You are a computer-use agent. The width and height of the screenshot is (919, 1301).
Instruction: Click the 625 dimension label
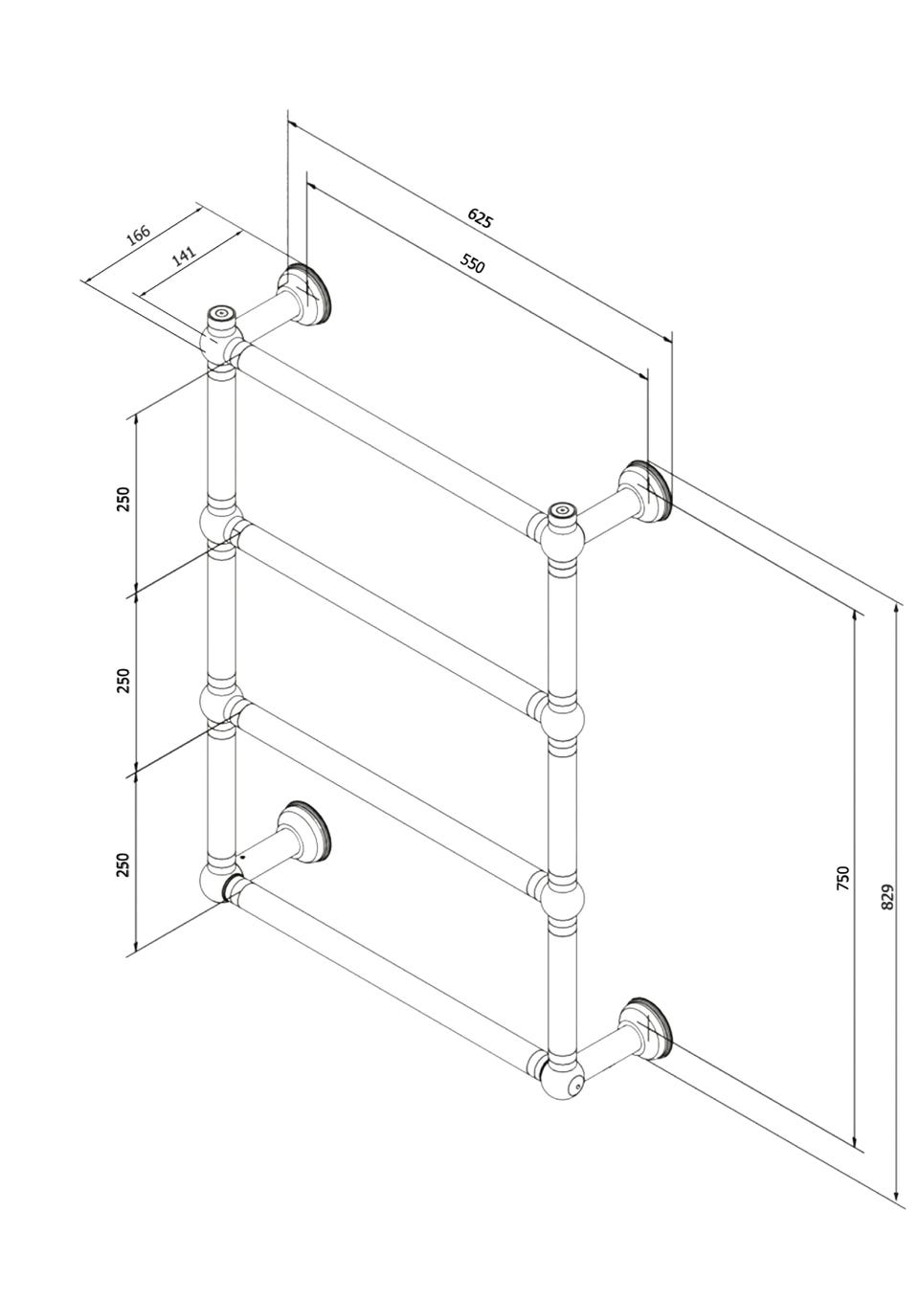[480, 219]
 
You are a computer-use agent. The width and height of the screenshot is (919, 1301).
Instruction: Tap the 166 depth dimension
[139, 235]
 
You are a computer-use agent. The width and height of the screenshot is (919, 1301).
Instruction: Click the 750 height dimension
[843, 894]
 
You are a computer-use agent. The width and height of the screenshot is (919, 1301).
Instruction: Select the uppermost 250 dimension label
[123, 499]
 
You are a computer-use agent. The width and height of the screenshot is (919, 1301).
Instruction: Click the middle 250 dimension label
[123, 680]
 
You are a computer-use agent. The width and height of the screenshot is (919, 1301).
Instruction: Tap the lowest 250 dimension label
[123, 864]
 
